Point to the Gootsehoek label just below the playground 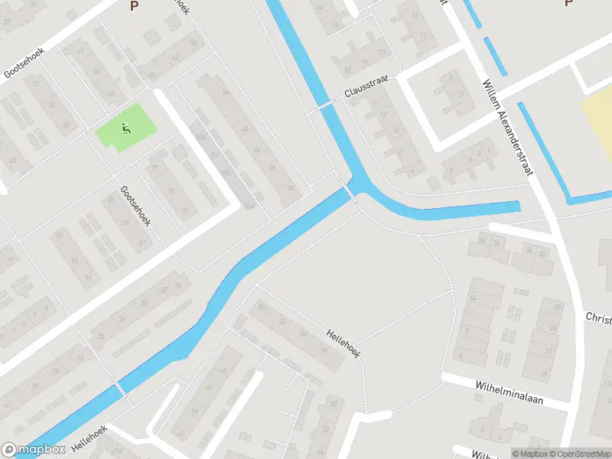pyautogui.click(x=135, y=206)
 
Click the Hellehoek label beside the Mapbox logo pyautogui.click(x=90, y=436)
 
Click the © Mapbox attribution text pyautogui.click(x=529, y=454)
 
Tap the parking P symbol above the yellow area pyautogui.click(x=568, y=4)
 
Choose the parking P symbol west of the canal pyautogui.click(x=135, y=6)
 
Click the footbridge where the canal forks pyautogui.click(x=351, y=189)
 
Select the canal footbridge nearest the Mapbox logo pyautogui.click(x=120, y=386)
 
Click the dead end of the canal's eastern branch pyautogui.click(x=516, y=207)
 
